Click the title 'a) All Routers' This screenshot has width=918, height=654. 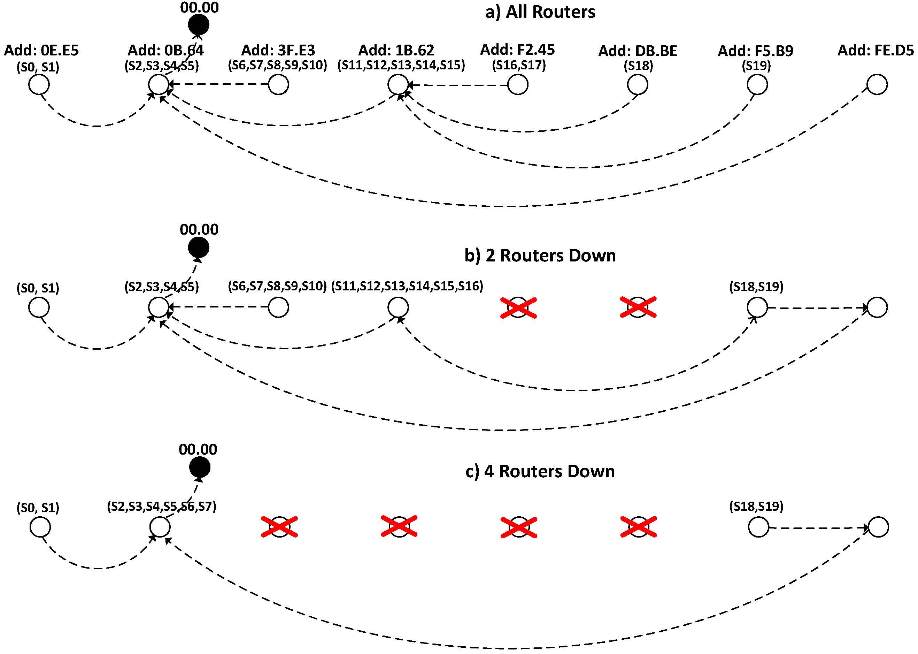540,12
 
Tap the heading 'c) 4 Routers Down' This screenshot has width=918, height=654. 540,472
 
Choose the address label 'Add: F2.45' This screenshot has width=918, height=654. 518,50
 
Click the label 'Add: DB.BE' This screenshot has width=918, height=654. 638,51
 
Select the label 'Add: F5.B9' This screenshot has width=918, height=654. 755,51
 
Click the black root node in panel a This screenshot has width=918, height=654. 199,25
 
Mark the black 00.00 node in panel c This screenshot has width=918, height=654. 200,467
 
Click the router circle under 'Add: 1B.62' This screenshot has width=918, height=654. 398,85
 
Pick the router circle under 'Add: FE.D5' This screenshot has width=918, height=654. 877,85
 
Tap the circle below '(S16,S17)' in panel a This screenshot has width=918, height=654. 518,85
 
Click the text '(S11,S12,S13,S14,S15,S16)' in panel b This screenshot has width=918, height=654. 407,286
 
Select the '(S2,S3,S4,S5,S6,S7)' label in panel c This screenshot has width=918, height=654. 161,506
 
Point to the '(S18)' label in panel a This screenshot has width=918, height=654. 638,66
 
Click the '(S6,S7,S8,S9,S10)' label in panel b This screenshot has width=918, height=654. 277,286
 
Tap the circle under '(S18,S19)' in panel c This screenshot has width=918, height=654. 758,527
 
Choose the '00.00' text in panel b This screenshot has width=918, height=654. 199,229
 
